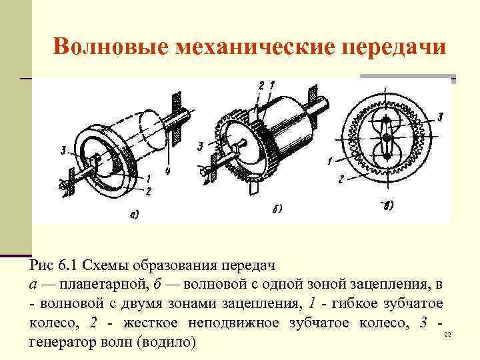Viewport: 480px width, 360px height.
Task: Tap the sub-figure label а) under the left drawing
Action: tap(133, 214)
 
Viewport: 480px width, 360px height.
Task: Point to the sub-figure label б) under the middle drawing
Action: tap(278, 208)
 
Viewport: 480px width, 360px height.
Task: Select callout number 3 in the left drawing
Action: tap(63, 151)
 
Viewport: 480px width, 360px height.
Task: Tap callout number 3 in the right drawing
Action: tap(440, 117)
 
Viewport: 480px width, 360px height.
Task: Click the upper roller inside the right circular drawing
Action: tap(385, 125)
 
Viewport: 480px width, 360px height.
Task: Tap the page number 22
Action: tap(447, 334)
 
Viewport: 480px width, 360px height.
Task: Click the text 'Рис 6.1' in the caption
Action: tap(53, 267)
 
